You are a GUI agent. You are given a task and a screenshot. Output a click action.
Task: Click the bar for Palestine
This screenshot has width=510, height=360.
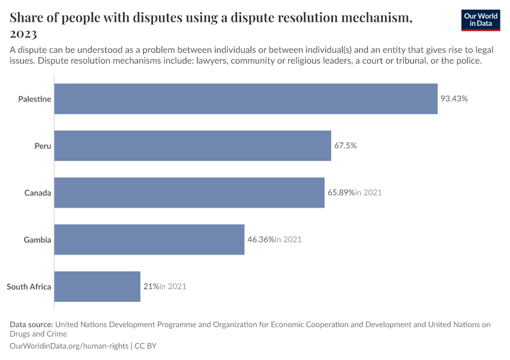246,98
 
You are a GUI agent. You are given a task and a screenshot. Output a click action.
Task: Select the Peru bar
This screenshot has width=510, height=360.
193,145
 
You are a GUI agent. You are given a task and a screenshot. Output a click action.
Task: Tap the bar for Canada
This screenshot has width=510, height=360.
190,193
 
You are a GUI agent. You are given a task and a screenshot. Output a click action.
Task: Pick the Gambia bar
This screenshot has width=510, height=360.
149,239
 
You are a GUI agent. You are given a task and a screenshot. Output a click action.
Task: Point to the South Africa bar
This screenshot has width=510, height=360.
97,286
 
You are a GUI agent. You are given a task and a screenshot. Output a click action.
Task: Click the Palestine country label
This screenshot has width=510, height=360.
35,98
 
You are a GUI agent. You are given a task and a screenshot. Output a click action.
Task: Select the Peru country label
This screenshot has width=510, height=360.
43,146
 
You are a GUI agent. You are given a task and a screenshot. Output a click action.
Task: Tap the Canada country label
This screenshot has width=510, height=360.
38,193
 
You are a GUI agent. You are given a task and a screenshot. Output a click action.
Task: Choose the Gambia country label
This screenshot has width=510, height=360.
37,240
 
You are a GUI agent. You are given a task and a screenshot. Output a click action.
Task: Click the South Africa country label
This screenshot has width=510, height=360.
29,287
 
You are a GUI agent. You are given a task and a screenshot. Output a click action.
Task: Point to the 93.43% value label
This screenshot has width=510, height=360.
454,98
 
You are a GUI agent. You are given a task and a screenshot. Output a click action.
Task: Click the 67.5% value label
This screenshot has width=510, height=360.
346,146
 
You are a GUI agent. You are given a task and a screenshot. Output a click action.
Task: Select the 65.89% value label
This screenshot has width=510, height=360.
341,193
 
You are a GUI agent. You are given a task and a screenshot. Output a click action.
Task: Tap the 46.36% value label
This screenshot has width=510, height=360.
260,239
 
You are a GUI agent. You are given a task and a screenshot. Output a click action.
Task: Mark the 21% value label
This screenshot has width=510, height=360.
151,286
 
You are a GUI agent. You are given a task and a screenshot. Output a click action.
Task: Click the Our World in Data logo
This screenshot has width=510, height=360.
481,20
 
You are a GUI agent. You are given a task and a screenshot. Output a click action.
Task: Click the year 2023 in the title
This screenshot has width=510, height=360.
23,34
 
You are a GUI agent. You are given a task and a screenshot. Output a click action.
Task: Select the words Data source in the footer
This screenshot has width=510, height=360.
31,325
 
